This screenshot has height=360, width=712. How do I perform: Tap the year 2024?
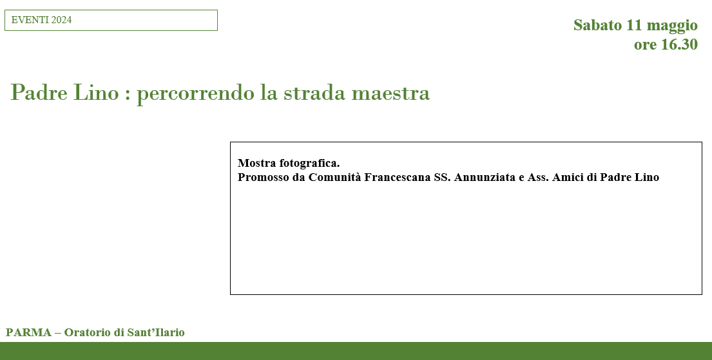pyautogui.click(x=61, y=20)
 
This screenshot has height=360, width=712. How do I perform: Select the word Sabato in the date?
pyautogui.click(x=597, y=25)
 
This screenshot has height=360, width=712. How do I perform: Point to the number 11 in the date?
pyautogui.click(x=634, y=25)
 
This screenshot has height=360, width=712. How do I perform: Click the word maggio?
pyautogui.click(x=672, y=26)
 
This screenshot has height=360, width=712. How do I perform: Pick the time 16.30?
pyautogui.click(x=679, y=44)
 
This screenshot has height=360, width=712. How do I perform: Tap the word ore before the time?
pyautogui.click(x=645, y=45)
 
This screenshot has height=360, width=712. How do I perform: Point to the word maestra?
pyautogui.click(x=390, y=93)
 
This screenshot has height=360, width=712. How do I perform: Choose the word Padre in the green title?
pyautogui.click(x=39, y=93)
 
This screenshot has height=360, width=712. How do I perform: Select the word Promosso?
pyautogui.click(x=264, y=178)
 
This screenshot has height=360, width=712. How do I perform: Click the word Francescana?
pyautogui.click(x=398, y=178)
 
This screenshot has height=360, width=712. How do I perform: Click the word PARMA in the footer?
pyautogui.click(x=28, y=333)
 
